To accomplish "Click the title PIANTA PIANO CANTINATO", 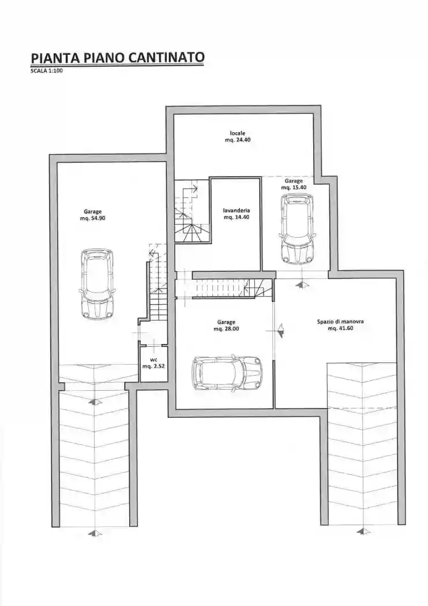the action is (x=118, y=58).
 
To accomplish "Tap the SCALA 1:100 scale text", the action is (x=46, y=71).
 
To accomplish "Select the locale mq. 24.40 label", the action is (x=238, y=136).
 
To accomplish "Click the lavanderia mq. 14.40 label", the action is (x=236, y=214).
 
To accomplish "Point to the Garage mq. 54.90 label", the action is (x=93, y=215).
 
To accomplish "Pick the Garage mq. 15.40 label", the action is (x=294, y=184).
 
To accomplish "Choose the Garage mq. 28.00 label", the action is (x=226, y=326).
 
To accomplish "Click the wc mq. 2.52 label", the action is (x=153, y=362).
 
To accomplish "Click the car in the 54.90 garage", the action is (x=97, y=284).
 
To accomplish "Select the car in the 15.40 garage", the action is (x=298, y=229).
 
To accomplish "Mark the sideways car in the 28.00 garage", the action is (x=227, y=373).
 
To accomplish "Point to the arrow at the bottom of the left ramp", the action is (x=94, y=534).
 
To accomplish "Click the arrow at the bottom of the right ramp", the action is (x=362, y=532).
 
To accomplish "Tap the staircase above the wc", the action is (x=158, y=282).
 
